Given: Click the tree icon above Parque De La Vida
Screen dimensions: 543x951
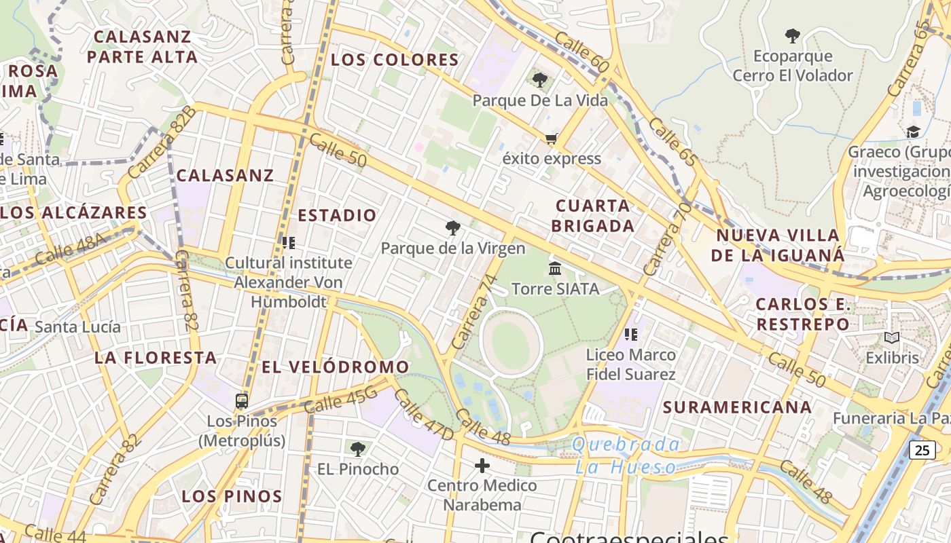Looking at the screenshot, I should [x=540, y=81].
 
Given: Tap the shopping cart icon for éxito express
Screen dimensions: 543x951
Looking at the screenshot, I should [x=551, y=139].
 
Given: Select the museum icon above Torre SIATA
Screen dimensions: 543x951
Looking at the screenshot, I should [x=555, y=269].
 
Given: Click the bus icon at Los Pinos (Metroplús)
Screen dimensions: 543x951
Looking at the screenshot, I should [x=242, y=401].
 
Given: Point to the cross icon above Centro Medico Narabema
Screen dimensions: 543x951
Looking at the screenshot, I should [x=482, y=466].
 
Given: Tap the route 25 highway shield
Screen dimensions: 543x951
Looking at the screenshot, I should [x=922, y=449].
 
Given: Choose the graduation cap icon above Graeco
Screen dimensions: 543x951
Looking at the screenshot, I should [x=913, y=132].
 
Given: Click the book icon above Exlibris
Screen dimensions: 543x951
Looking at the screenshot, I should [x=891, y=337].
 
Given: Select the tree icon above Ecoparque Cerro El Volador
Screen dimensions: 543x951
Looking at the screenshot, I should [x=792, y=35].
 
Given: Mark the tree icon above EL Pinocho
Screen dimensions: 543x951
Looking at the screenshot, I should [x=358, y=449].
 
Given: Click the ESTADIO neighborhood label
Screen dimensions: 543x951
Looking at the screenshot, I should [x=337, y=216].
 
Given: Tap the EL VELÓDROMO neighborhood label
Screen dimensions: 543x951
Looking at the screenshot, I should [x=336, y=367].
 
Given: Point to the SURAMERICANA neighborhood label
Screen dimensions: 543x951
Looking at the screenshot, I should [x=737, y=407].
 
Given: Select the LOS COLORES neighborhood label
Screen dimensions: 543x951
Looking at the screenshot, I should [x=395, y=60].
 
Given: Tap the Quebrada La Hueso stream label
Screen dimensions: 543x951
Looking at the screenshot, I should [x=626, y=455].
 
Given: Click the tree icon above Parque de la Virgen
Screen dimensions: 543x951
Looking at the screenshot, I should [x=452, y=228].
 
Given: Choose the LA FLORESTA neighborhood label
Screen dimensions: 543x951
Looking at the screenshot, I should [x=156, y=358].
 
